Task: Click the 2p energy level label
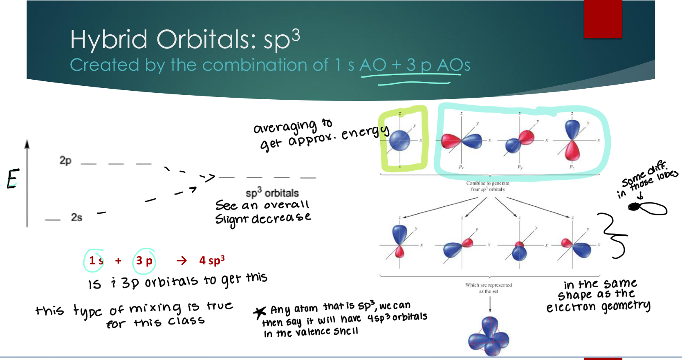(x=65, y=160)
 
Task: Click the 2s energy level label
(x=76, y=217)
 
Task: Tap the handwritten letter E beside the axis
(x=12, y=179)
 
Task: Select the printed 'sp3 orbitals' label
(x=272, y=192)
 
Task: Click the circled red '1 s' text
(x=96, y=260)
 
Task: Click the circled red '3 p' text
(x=144, y=261)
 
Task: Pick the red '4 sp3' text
(x=212, y=260)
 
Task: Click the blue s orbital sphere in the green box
(x=399, y=140)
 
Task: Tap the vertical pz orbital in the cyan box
(x=572, y=140)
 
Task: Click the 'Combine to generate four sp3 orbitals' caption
(x=487, y=186)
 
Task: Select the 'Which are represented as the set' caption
(x=489, y=288)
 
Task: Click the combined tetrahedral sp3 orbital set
(x=489, y=336)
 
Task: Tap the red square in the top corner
(x=603, y=19)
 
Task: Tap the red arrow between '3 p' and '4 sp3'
(x=182, y=261)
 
